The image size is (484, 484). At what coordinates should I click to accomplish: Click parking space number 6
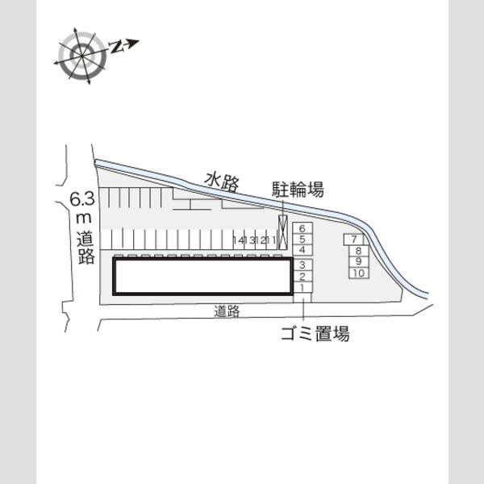coord(302,228)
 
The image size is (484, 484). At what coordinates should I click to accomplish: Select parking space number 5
coord(302,240)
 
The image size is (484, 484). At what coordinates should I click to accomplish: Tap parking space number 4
coord(302,250)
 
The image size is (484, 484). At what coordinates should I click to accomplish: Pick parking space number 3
coord(302,265)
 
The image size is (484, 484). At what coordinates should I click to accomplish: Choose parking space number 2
coord(302,276)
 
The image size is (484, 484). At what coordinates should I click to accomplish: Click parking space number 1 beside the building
coord(302,287)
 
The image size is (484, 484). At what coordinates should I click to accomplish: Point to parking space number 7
coord(354,240)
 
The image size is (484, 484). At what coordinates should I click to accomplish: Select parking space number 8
coord(358,251)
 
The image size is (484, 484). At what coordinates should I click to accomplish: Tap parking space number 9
coord(358,261)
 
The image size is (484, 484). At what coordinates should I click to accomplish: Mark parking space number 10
coord(359,273)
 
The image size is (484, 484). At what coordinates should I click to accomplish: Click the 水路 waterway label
coord(223,182)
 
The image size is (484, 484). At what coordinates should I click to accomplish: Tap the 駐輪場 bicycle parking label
coord(298,190)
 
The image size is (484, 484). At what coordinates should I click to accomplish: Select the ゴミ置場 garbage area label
coord(315,333)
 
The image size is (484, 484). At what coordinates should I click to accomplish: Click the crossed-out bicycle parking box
coord(283,232)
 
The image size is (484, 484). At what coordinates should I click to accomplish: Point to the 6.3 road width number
coord(81,199)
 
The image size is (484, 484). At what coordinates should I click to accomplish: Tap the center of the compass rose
coord(82,56)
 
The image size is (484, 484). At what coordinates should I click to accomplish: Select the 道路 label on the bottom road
coord(227,311)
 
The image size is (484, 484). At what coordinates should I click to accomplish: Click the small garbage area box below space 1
coord(302,298)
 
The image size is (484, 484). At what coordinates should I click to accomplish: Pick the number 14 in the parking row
coord(239,240)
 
